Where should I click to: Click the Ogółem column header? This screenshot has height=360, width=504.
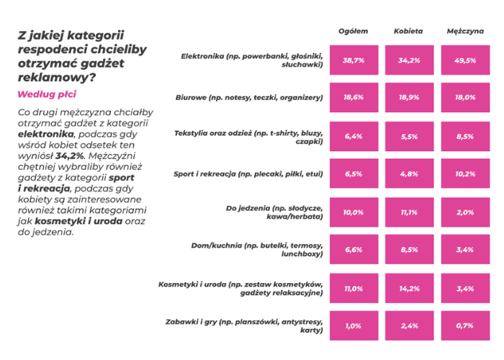click(354, 31)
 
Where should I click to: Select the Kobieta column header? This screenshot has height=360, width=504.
click(408, 31)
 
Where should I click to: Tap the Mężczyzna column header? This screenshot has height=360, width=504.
click(465, 31)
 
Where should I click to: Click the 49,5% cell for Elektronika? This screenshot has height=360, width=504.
click(465, 60)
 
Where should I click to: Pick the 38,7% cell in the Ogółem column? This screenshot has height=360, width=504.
click(354, 60)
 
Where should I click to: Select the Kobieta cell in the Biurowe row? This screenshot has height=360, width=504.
click(409, 97)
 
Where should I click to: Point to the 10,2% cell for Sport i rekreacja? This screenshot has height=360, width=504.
click(465, 174)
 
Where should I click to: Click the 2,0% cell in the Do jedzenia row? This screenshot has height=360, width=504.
click(465, 212)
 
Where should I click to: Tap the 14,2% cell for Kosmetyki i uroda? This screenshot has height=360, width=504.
click(409, 288)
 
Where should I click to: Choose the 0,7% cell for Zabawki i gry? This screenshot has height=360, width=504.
click(465, 325)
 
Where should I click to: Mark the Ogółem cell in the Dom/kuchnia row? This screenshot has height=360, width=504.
click(354, 249)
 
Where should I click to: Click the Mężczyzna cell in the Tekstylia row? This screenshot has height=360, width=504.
click(465, 136)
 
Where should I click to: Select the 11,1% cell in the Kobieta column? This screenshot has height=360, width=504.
click(409, 212)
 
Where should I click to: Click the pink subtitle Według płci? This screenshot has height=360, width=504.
click(47, 94)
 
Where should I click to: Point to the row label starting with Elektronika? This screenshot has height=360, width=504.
click(252, 60)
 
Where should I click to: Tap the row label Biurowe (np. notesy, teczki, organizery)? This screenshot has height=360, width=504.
click(249, 97)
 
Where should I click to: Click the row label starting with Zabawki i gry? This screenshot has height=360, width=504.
click(244, 325)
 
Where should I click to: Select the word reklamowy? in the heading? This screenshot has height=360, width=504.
click(57, 78)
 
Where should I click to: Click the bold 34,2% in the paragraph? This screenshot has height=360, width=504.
click(69, 156)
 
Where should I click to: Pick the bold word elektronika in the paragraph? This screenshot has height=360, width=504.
click(45, 134)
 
